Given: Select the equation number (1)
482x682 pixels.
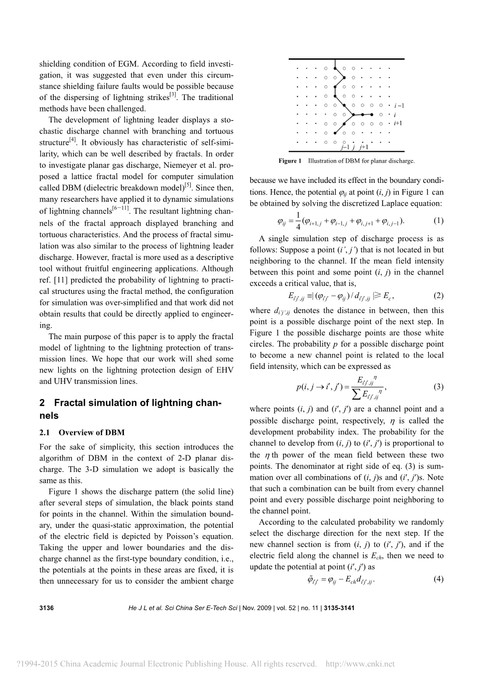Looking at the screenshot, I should coord(438,221).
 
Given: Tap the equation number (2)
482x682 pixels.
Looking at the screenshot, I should coord(438,295).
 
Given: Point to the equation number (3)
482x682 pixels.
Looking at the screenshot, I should coord(438,387).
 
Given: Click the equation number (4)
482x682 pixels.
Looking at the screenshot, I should coord(438,579).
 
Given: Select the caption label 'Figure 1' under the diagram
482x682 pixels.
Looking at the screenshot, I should coord(290,161).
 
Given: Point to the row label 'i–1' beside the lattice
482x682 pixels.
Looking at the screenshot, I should coord(399,106).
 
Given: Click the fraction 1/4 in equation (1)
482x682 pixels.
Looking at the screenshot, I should coord(297,220).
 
